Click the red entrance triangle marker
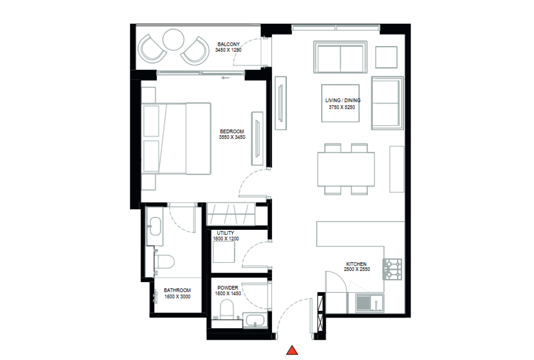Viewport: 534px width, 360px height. click(x=292, y=350)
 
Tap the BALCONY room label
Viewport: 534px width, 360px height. click(x=228, y=44)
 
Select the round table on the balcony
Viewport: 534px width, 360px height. click(x=173, y=40)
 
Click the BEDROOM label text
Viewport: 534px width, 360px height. click(x=232, y=131)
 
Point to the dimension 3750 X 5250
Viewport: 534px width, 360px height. click(x=342, y=107)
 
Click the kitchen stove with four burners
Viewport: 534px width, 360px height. click(x=392, y=270)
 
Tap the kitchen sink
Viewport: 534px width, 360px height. click(x=370, y=303)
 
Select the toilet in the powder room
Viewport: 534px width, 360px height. click(x=226, y=309)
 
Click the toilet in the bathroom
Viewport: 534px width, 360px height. click(x=164, y=262)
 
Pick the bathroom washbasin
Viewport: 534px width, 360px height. click(x=155, y=226)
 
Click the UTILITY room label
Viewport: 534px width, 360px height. click(x=225, y=233)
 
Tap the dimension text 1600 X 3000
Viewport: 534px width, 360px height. click(x=177, y=297)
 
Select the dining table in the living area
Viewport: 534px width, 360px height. click(x=346, y=169)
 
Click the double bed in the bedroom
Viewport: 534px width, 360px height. click(x=176, y=139)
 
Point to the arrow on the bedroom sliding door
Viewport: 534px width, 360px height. click(x=225, y=78)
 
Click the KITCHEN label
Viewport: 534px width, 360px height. click(x=356, y=264)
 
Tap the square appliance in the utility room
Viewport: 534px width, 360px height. click(x=224, y=252)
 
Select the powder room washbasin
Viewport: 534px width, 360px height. click(x=255, y=320)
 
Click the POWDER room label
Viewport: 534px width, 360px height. click(x=228, y=288)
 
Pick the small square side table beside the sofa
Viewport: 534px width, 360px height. click(x=386, y=57)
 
